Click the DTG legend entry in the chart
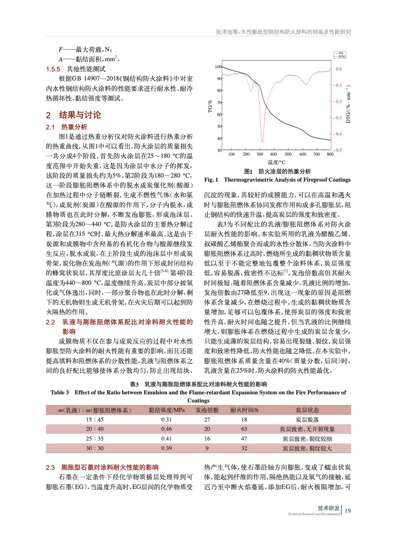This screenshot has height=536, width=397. tap(341, 57)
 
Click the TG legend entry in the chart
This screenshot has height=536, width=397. tap(341, 53)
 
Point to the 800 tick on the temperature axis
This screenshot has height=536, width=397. tap(330, 154)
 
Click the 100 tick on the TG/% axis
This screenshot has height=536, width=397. tap(218, 67)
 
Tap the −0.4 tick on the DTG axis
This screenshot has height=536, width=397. tap(338, 134)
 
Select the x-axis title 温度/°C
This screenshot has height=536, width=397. tap(276, 162)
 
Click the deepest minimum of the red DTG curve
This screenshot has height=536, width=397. tap(262, 142)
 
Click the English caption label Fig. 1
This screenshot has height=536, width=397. tap(211, 180)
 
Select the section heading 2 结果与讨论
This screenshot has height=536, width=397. tap(73, 115)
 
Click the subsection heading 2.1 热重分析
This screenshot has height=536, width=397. tap(67, 127)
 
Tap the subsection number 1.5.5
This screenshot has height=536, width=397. tap(53, 69)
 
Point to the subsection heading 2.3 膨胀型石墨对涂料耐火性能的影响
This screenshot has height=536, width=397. tap(102, 467)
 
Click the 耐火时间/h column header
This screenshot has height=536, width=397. tap(244, 410)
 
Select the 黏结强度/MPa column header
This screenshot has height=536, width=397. tap(167, 410)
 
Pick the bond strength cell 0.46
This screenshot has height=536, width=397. tap(167, 429)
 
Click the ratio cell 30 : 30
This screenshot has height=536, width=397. tap(95, 448)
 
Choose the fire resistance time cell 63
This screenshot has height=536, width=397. tap(244, 429)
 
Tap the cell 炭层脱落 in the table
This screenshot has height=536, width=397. tap(307, 420)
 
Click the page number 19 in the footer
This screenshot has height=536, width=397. tap(348, 511)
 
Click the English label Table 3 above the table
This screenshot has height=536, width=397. tap(60, 392)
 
